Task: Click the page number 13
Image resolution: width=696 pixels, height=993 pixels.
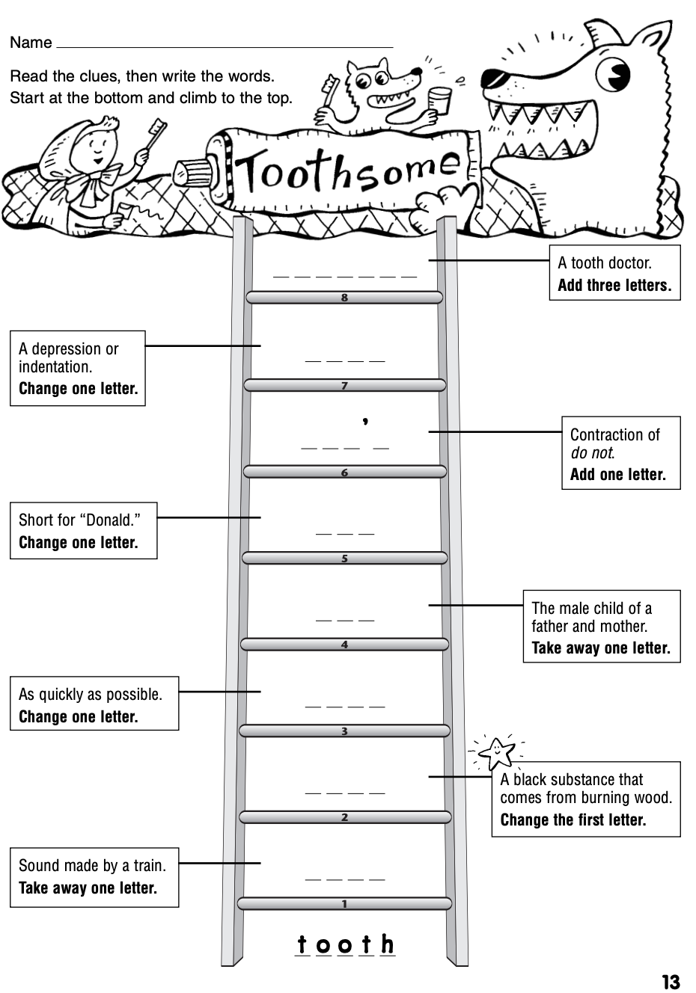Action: [671, 981]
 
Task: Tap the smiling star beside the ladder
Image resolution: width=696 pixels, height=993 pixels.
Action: [497, 752]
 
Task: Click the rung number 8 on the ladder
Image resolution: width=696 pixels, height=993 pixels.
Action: [344, 298]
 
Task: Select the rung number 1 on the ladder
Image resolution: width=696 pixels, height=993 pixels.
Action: [344, 904]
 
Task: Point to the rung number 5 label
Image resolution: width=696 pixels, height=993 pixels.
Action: [344, 558]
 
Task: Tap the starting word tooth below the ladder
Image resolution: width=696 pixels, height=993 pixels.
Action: [345, 944]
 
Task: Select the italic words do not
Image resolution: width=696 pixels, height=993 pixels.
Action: [592, 452]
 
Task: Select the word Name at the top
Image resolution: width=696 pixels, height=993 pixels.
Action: [31, 43]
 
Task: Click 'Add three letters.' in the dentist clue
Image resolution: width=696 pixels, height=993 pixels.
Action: [614, 286]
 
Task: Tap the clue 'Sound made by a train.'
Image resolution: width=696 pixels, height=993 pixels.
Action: [92, 866]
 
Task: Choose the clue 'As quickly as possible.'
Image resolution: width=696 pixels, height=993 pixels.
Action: [91, 694]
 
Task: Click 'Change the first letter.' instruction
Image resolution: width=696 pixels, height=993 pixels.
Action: [573, 820]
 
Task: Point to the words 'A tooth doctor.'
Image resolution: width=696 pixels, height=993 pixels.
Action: [605, 263]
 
